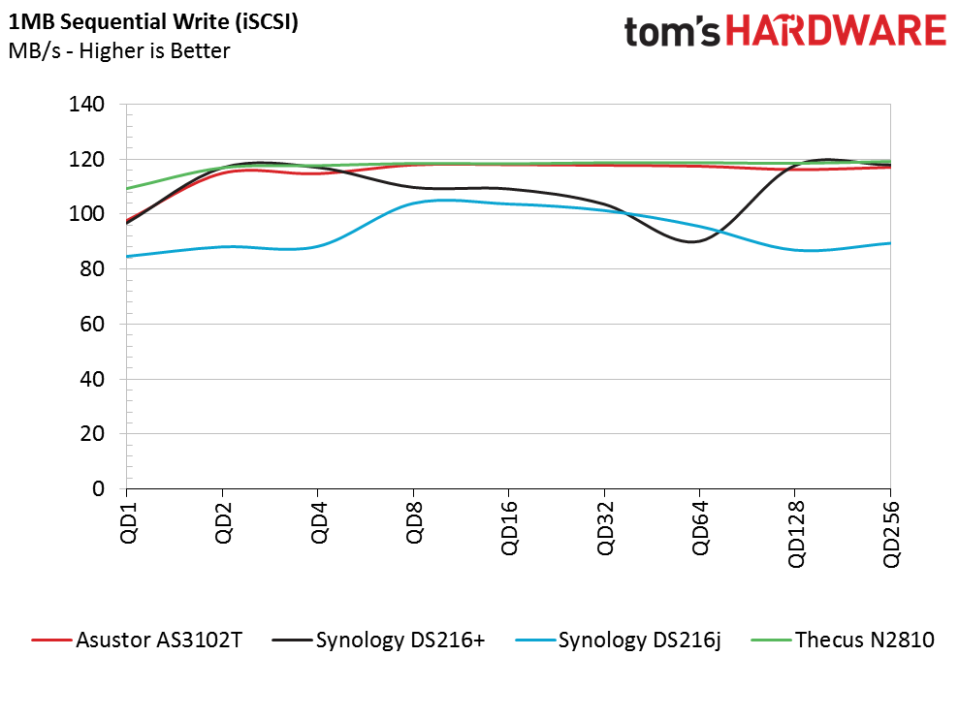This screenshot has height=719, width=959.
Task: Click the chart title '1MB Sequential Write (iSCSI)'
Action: click(153, 21)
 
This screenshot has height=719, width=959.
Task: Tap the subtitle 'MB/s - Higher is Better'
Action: click(119, 50)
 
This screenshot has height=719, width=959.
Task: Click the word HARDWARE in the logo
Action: click(836, 31)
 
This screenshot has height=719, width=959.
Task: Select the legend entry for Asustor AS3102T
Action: click(137, 641)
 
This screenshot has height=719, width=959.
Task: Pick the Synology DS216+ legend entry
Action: click(378, 641)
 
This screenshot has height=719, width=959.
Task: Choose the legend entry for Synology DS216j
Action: click(619, 641)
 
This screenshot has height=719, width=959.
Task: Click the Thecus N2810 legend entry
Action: click(843, 641)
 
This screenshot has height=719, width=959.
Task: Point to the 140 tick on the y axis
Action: click(86, 105)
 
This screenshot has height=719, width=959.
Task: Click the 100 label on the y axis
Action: click(86, 214)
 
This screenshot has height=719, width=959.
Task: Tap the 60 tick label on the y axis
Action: click(92, 324)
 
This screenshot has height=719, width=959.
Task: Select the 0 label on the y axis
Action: click(99, 488)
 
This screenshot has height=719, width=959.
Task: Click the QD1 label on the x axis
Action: click(128, 522)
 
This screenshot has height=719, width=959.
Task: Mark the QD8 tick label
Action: click(415, 522)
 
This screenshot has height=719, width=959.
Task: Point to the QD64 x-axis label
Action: click(700, 528)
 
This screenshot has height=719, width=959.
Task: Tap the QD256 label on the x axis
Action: click(891, 534)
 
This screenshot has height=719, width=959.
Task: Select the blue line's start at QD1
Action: click(127, 256)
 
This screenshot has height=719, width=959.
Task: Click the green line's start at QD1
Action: click(127, 188)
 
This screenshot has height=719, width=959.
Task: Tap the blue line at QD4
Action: click(318, 247)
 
